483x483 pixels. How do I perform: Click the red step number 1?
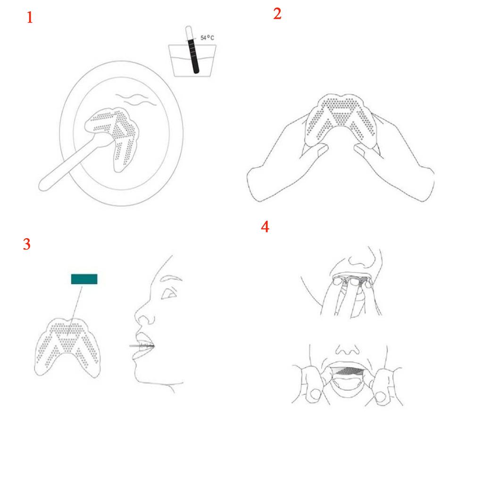click(x=30, y=17)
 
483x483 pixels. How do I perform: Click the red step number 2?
click(x=277, y=14)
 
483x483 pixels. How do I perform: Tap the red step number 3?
click(x=27, y=244)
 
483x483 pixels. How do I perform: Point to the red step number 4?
click(x=265, y=227)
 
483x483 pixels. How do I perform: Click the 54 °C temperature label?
click(x=207, y=38)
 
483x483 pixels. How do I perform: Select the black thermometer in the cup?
click(x=192, y=50)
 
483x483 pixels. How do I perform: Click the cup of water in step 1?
click(x=192, y=60)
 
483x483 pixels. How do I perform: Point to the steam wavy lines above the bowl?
click(x=136, y=99)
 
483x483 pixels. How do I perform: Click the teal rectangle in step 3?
click(x=84, y=279)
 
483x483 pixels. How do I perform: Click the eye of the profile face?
click(x=169, y=293)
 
